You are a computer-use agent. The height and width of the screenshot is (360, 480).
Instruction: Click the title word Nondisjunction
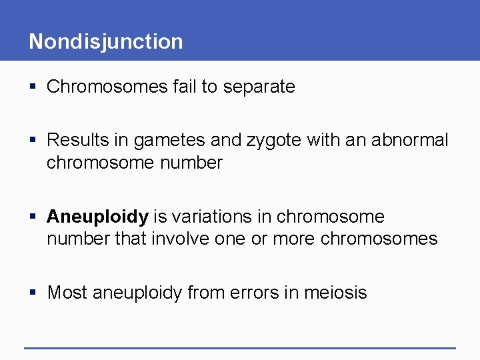pyautogui.click(x=105, y=41)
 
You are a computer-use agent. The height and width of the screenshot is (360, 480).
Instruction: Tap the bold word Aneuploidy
pyautogui.click(x=97, y=217)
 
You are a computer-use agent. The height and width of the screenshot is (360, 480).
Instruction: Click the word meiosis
pyautogui.click(x=335, y=293)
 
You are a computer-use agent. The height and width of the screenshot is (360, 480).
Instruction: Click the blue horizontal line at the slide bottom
pyautogui.click(x=240, y=347)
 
